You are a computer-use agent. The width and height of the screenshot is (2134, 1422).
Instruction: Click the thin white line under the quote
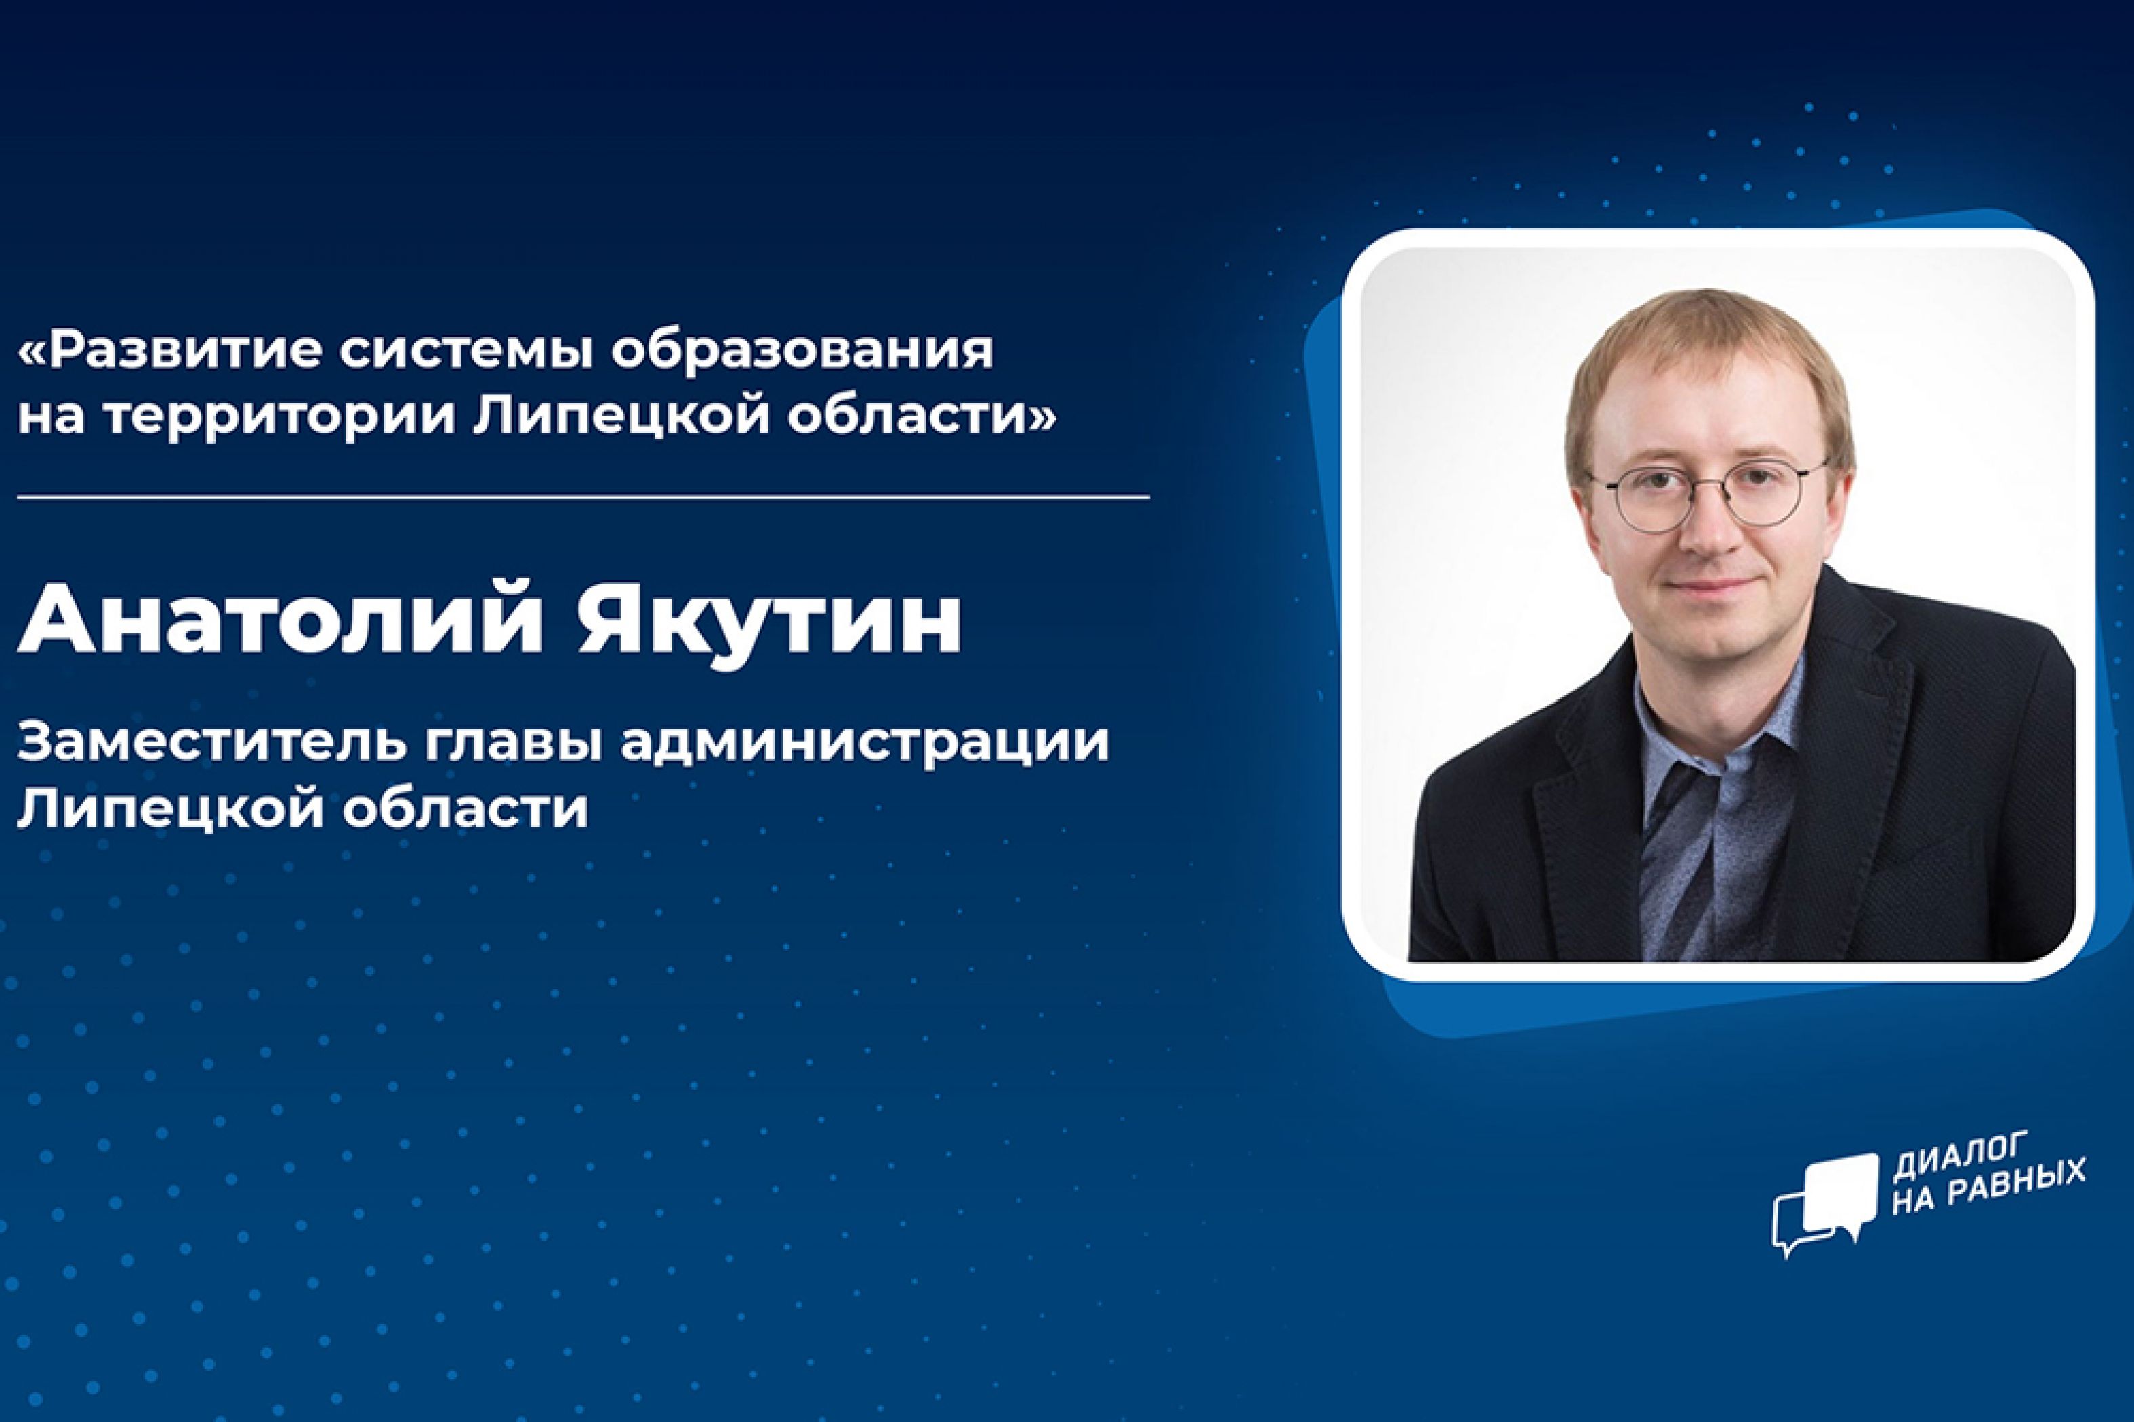pos(583,497)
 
